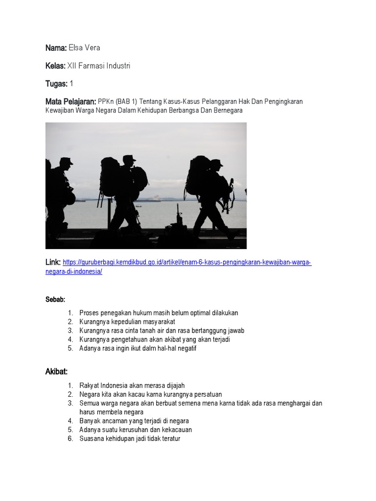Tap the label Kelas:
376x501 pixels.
(56, 66)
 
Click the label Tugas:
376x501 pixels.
(56, 84)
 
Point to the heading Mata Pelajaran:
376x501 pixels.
(70, 102)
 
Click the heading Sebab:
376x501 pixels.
(55, 299)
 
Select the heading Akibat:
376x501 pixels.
(56, 371)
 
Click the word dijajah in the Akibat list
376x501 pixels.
(173, 386)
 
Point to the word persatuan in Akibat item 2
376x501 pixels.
(207, 394)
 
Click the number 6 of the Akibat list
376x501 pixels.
(70, 439)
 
